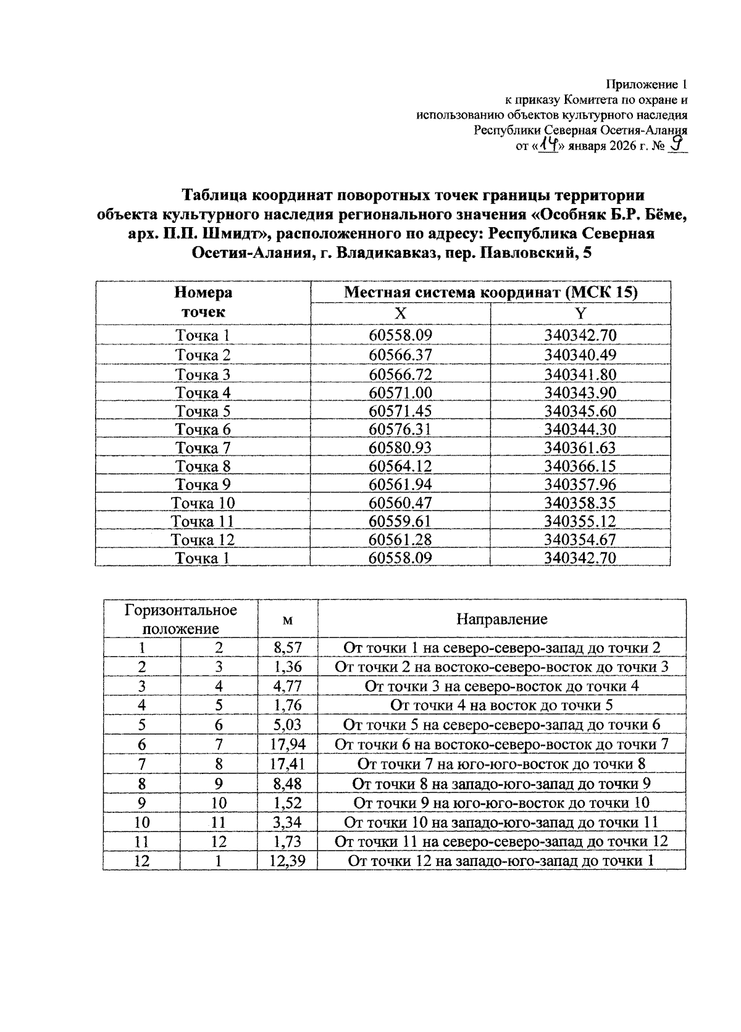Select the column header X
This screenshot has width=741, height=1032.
point(400,314)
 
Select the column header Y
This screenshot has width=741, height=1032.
point(580,314)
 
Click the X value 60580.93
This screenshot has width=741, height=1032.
point(400,447)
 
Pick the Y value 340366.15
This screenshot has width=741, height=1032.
point(580,466)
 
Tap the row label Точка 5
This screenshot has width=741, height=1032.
point(203,411)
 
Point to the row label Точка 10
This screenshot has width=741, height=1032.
point(203,503)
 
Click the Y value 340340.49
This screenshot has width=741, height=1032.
point(580,356)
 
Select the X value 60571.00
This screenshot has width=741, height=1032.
point(400,393)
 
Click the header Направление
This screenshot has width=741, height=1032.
point(501,619)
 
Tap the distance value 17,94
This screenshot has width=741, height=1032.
point(287,744)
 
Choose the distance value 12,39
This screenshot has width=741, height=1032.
point(287,860)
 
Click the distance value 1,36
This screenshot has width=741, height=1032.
point(287,667)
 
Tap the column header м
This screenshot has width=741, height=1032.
point(287,620)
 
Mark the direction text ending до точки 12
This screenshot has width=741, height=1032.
point(501,841)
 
